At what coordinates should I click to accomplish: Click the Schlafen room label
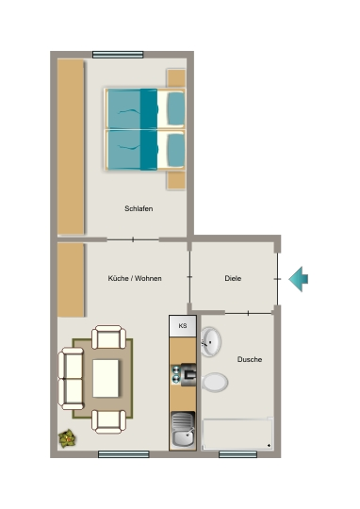pyautogui.click(x=139, y=208)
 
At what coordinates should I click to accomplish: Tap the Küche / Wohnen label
pyautogui.click(x=135, y=278)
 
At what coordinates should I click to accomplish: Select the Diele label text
pyautogui.click(x=233, y=278)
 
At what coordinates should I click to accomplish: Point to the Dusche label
pyautogui.click(x=250, y=359)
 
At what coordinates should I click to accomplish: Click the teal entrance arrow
pyautogui.click(x=299, y=279)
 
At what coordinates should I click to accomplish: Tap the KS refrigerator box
pyautogui.click(x=183, y=325)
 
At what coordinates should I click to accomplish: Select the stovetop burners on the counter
pyautogui.click(x=176, y=374)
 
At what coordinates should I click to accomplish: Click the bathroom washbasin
pyautogui.click(x=210, y=341)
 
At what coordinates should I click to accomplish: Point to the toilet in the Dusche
pyautogui.click(x=215, y=383)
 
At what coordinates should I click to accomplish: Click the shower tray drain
pyautogui.click(x=269, y=445)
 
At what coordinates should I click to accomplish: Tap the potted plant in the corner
pyautogui.click(x=68, y=439)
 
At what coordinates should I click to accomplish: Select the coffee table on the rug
pyautogui.click(x=106, y=378)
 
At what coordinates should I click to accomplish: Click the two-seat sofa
pyautogui.click(x=71, y=379)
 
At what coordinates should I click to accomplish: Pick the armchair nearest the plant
pyautogui.click(x=108, y=421)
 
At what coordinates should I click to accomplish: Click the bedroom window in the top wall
pyautogui.click(x=118, y=55)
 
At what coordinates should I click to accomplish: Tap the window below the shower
pyautogui.click(x=237, y=454)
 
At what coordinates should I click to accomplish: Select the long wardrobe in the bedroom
pyautogui.click(x=71, y=146)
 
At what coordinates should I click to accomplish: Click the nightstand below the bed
pyautogui.click(x=176, y=180)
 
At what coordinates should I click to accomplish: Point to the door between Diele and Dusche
pyautogui.click(x=249, y=313)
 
